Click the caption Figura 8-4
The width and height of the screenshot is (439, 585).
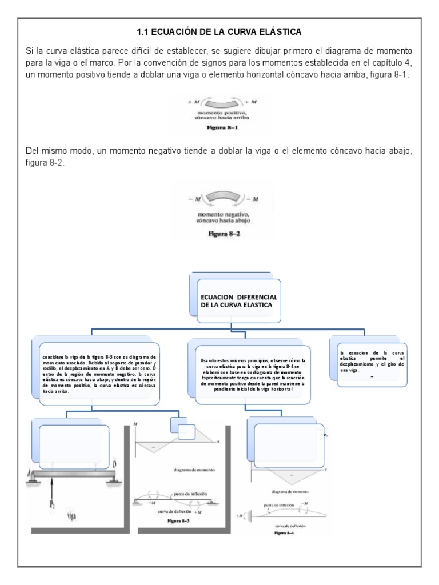click(x=283, y=532)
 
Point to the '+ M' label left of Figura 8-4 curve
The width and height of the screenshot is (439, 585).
click(x=240, y=516)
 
